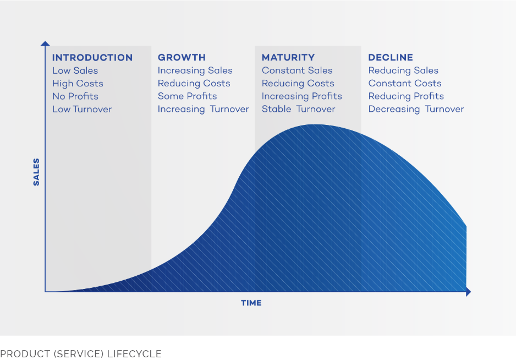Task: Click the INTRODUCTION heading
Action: coord(92,58)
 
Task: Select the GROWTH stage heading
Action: coord(182,57)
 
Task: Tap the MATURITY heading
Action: coord(288,57)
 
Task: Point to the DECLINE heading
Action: coord(390,57)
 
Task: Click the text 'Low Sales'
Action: coord(75,70)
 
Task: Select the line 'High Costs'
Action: coord(78,84)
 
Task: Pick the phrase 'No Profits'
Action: coord(75,96)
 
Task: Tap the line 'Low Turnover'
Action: coord(82,109)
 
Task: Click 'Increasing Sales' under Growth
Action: coord(195,70)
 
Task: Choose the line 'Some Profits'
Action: coord(187,96)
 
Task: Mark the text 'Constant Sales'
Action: coord(297,70)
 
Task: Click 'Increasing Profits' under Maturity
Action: coord(302,96)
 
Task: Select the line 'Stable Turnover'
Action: coord(299,109)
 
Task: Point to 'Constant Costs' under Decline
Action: coord(405,83)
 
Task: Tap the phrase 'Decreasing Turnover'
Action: coord(416,109)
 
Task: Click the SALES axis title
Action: coord(36,172)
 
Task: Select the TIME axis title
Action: coord(251,303)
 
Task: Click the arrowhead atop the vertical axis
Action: coord(45,43)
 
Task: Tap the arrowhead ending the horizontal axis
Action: coord(469,292)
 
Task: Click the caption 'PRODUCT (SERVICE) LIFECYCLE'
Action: coord(81,354)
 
